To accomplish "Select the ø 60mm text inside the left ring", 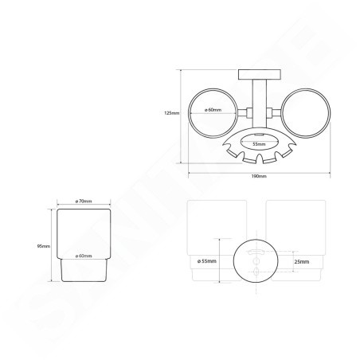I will click(x=213, y=110).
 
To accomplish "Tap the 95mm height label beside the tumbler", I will click(x=45, y=246).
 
